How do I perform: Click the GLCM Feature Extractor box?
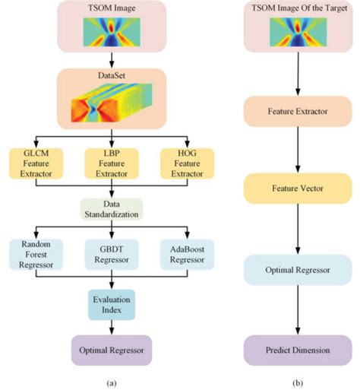(x=36, y=163)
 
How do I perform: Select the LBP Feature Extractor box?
(x=112, y=163)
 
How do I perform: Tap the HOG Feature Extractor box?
(x=187, y=163)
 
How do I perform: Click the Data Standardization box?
(x=112, y=209)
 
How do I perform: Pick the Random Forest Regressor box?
(x=36, y=255)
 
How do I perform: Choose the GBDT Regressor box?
(x=112, y=255)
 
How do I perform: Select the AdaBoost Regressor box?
(x=187, y=255)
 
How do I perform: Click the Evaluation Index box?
(x=112, y=305)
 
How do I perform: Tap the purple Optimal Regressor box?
(x=112, y=350)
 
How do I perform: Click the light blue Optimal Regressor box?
(x=298, y=270)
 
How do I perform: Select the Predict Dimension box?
(x=298, y=350)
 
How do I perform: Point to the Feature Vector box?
(x=298, y=189)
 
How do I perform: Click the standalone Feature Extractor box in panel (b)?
(x=298, y=111)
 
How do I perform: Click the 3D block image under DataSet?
(x=112, y=103)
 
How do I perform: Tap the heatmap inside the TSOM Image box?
(x=112, y=32)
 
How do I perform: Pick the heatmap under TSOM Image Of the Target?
(x=298, y=32)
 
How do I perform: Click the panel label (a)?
(x=112, y=383)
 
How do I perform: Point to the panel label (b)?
(x=298, y=383)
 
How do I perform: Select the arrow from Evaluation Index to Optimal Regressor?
(x=112, y=328)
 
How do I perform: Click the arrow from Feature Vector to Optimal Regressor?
(x=298, y=229)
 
